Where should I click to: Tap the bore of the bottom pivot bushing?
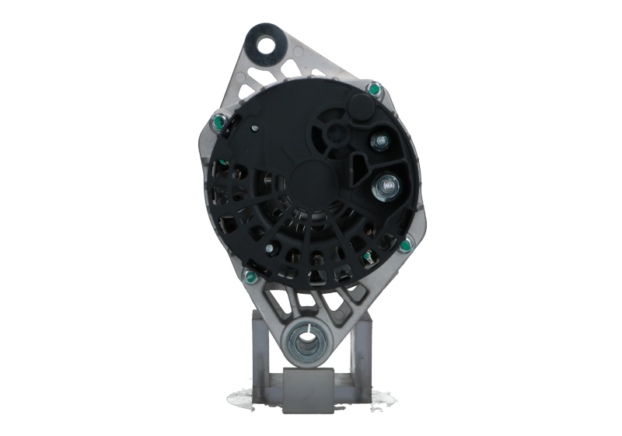click(x=305, y=340)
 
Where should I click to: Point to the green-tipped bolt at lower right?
click(x=403, y=248)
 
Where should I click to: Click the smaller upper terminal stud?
click(x=380, y=141)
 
